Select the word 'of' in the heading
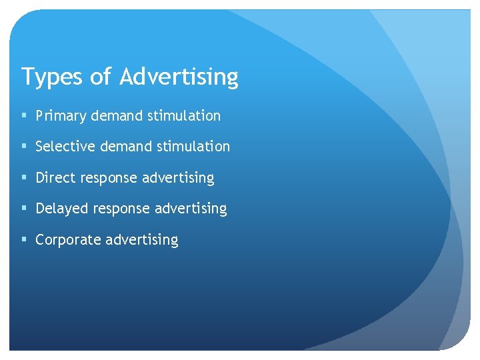(100, 77)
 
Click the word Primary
(61, 116)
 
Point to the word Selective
(62, 146)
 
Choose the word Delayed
(62, 209)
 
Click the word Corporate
(67, 239)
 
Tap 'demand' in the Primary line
(117, 116)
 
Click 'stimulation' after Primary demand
(184, 116)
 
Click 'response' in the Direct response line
(108, 178)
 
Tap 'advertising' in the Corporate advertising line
(142, 239)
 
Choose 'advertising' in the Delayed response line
(191, 209)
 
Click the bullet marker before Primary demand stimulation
(24, 116)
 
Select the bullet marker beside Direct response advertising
(24, 178)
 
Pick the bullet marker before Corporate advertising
(24, 239)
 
